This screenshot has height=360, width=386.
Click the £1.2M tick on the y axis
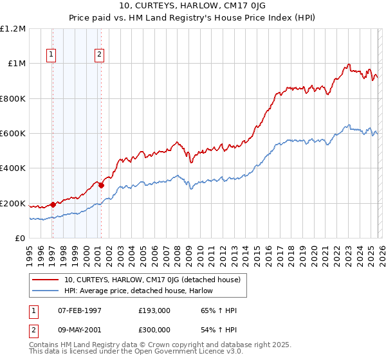tap(14, 29)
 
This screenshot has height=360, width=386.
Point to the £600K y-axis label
tap(14, 134)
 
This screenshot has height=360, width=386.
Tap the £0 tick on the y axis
tap(21, 239)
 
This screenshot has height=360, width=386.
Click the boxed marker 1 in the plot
tap(51, 55)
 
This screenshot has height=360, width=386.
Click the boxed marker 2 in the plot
tap(100, 55)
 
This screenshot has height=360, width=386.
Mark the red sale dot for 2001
tap(101, 186)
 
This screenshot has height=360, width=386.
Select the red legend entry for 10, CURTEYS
tap(152, 280)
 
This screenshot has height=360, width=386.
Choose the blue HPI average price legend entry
tap(138, 291)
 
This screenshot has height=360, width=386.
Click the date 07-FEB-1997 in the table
tap(79, 310)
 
